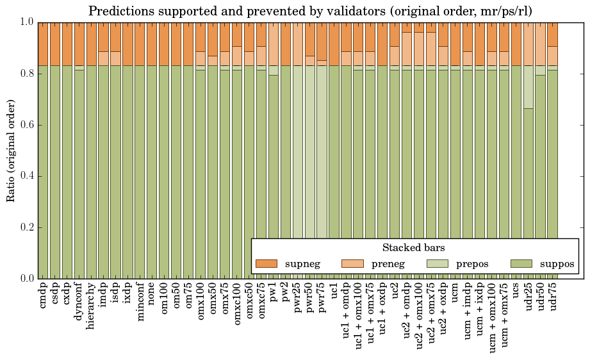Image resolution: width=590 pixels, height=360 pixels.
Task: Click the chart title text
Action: coord(309,11)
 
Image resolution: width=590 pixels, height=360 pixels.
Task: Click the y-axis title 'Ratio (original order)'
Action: coord(11,151)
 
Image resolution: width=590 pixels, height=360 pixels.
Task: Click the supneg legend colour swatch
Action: coord(266,263)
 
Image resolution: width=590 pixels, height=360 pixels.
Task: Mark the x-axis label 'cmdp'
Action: coord(44,296)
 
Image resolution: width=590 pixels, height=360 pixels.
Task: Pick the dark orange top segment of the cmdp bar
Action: coord(44,44)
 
